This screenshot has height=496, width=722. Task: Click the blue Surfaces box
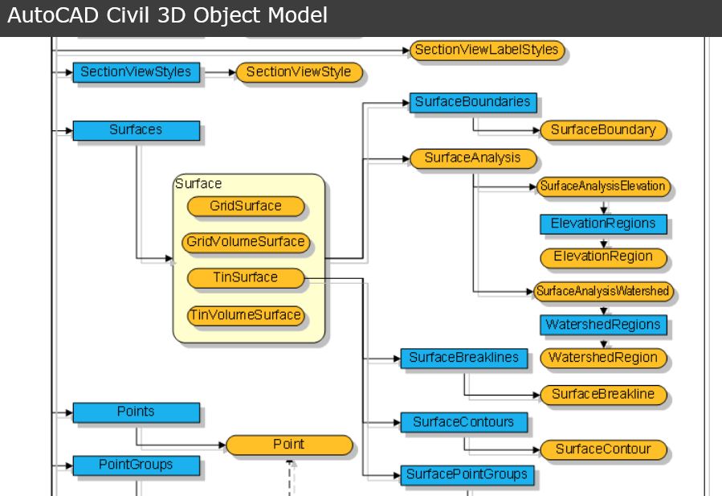click(136, 130)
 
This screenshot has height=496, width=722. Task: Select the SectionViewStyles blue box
click(136, 72)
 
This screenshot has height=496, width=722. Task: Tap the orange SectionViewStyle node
click(299, 72)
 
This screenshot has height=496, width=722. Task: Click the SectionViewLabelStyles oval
click(486, 50)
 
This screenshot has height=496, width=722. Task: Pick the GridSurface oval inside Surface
click(246, 207)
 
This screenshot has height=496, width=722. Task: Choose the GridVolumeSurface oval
click(246, 242)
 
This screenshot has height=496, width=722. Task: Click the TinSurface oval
click(246, 278)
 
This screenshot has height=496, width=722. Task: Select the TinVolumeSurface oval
click(246, 315)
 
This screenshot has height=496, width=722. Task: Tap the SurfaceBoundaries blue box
click(472, 102)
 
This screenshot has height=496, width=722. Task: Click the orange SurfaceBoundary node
click(603, 130)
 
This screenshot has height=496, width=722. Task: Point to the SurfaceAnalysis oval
click(472, 158)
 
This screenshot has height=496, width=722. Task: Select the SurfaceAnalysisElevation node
click(603, 187)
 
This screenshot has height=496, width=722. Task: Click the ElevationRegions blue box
click(603, 223)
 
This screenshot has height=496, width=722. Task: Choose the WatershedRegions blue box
click(603, 325)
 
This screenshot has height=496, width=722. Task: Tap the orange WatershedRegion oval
click(603, 358)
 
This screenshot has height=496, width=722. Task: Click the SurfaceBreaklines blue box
click(464, 358)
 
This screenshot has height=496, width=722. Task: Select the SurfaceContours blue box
click(464, 422)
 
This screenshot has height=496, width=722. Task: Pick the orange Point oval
click(289, 445)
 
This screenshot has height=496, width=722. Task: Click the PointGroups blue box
click(136, 465)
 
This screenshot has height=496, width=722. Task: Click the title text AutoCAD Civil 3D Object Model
click(168, 15)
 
